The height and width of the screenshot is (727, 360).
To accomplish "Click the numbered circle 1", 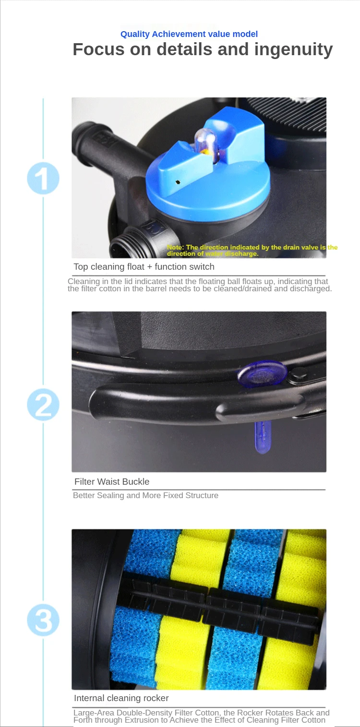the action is (x=43, y=178).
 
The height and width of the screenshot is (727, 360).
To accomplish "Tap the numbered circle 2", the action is (x=43, y=405).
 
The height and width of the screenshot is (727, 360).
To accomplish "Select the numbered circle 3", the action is (x=43, y=620).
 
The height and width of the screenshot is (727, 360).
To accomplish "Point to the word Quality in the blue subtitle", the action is (x=135, y=35).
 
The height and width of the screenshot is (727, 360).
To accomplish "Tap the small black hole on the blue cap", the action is (x=178, y=182).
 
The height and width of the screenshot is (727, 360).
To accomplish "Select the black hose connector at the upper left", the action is (x=107, y=146).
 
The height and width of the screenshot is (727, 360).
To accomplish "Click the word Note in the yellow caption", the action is (x=175, y=247).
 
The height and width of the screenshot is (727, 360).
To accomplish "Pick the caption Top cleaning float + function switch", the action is (x=144, y=267).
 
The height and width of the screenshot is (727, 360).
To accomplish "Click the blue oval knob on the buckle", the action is (x=262, y=373).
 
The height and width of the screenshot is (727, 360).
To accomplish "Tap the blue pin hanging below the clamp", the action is (x=263, y=437).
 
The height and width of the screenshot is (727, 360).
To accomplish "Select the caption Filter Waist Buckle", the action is (x=112, y=482).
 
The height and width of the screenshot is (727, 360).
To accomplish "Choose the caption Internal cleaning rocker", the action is (x=121, y=698).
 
